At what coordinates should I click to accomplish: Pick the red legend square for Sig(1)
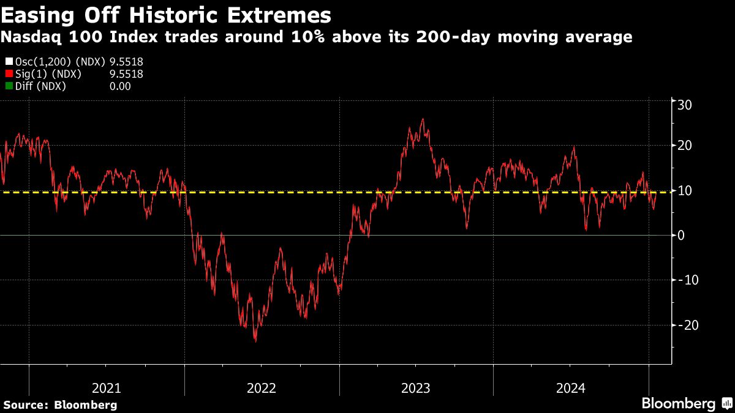pyautogui.click(x=8, y=74)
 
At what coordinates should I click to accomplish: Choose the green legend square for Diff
pyautogui.click(x=8, y=86)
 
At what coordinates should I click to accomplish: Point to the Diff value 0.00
pyautogui.click(x=120, y=86)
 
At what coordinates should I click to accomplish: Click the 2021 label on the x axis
pyautogui.click(x=107, y=388)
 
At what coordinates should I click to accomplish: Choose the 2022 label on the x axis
pyautogui.click(x=262, y=388)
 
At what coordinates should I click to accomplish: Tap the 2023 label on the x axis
pyautogui.click(x=416, y=388)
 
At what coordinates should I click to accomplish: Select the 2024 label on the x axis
pyautogui.click(x=570, y=388)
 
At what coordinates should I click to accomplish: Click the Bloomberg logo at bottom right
pyautogui.click(x=678, y=404)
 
